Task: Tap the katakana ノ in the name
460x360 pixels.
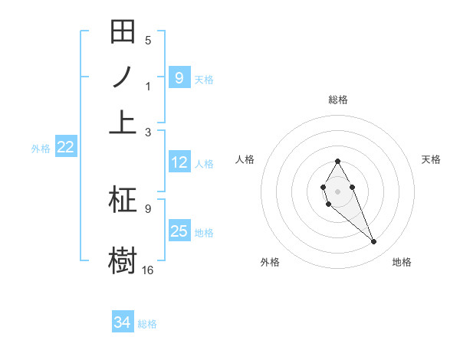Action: point(123,77)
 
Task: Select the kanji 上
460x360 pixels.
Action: point(123,121)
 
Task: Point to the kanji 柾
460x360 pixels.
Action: point(123,201)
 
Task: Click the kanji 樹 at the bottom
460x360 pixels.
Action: point(123,258)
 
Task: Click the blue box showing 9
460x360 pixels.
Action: point(179,77)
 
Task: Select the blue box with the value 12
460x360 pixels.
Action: point(179,162)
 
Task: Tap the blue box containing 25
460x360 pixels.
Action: point(179,231)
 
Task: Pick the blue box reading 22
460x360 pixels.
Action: point(65,148)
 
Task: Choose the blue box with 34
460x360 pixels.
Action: point(123,322)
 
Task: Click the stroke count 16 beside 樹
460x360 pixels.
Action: point(148,270)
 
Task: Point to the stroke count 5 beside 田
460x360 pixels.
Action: point(148,40)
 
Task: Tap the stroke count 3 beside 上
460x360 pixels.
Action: point(148,133)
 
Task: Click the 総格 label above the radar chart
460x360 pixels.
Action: point(337,100)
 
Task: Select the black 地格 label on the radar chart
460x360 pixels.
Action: point(402,262)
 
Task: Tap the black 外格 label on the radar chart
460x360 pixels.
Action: point(270,262)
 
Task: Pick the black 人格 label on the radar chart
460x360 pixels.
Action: point(245,159)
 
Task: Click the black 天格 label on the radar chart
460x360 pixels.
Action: point(431,159)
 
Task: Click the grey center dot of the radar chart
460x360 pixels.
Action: point(337,191)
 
